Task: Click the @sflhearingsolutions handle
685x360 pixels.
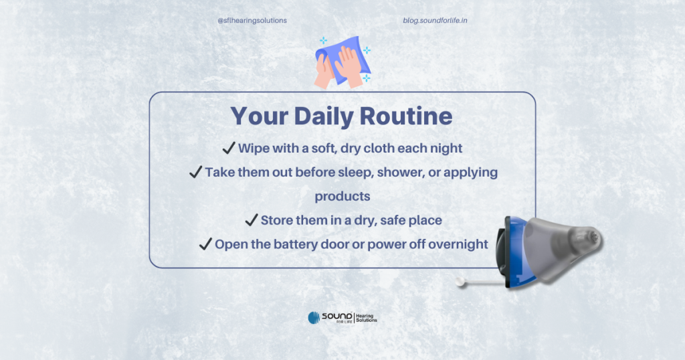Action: click(x=252, y=21)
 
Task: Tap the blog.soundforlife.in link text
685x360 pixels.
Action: click(x=435, y=21)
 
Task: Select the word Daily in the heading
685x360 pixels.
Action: click(x=324, y=116)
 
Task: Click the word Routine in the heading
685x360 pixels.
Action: click(x=406, y=116)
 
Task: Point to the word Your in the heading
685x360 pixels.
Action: click(x=260, y=116)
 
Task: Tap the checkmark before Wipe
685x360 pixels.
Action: click(x=229, y=148)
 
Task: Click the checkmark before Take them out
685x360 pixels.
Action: click(x=196, y=172)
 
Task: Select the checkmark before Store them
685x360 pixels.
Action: click(x=252, y=219)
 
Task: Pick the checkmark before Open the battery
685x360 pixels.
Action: click(x=205, y=244)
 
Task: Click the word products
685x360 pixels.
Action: click(x=342, y=197)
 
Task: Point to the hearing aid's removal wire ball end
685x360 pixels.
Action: click(x=460, y=282)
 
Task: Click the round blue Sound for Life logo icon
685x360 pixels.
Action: click(x=314, y=318)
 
